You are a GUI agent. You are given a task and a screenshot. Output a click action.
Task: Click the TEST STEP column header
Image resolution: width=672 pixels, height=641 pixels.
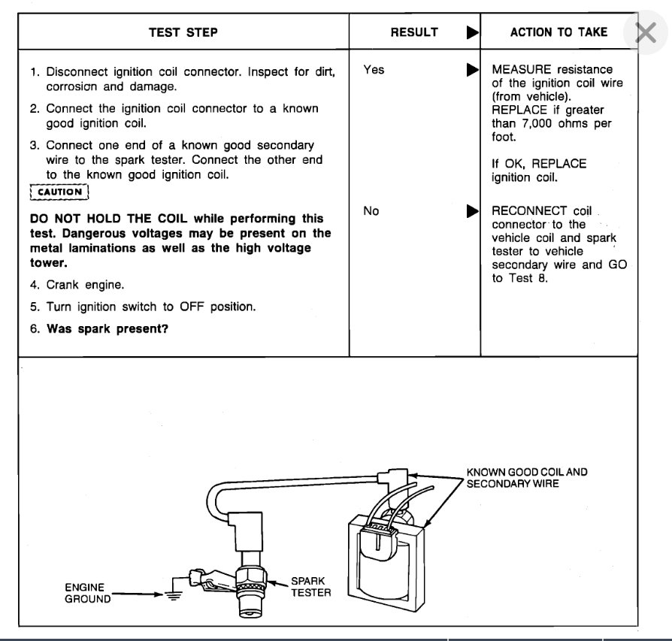coord(183,32)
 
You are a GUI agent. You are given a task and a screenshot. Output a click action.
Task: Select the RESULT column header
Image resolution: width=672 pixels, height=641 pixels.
coord(414,32)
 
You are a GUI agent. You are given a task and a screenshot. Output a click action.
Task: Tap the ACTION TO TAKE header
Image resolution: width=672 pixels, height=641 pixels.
coord(558,32)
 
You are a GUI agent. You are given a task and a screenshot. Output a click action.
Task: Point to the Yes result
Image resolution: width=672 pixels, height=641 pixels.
coord(374,70)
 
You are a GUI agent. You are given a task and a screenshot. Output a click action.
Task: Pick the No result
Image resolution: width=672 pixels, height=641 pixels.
coord(371,211)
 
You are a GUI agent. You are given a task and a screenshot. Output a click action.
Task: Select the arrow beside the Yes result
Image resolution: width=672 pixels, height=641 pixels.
coord(472,70)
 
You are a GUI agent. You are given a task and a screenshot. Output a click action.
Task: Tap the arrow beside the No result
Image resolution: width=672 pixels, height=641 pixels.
coord(472,211)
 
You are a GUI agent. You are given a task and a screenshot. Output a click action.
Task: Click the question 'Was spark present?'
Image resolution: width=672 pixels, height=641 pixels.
coord(107,328)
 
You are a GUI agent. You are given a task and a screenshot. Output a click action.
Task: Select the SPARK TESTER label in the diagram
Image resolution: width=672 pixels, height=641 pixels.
coord(309,587)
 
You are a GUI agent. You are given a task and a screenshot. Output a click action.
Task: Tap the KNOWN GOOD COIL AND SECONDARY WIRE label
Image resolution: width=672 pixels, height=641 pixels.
coord(526,478)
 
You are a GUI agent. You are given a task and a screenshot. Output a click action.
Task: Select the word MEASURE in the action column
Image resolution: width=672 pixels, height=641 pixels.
coord(520,70)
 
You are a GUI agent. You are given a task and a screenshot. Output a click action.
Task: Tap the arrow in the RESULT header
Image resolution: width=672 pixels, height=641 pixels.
coord(472,32)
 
